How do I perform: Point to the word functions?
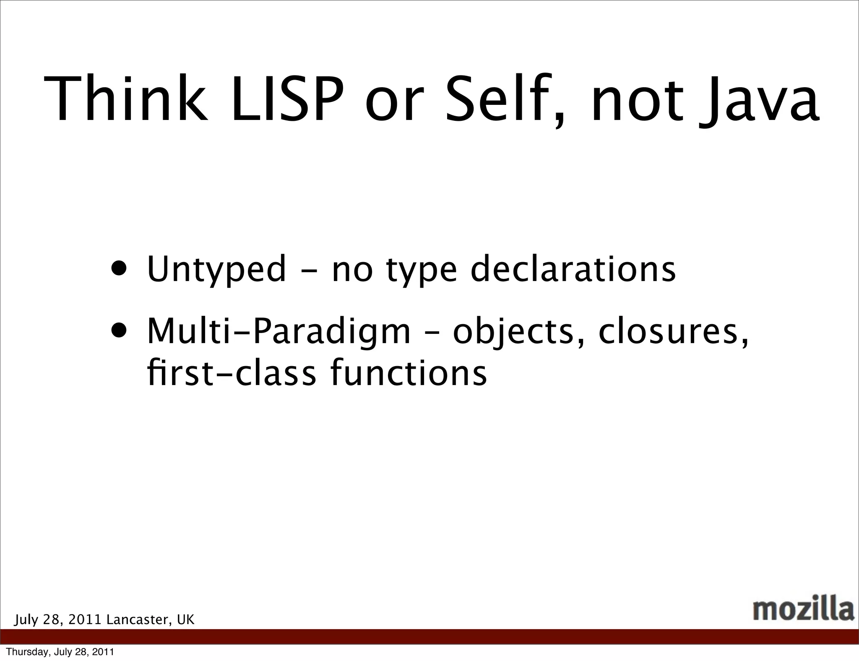click(x=409, y=373)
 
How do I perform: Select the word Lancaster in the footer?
click(x=138, y=620)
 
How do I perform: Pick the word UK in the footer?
click(x=185, y=620)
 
